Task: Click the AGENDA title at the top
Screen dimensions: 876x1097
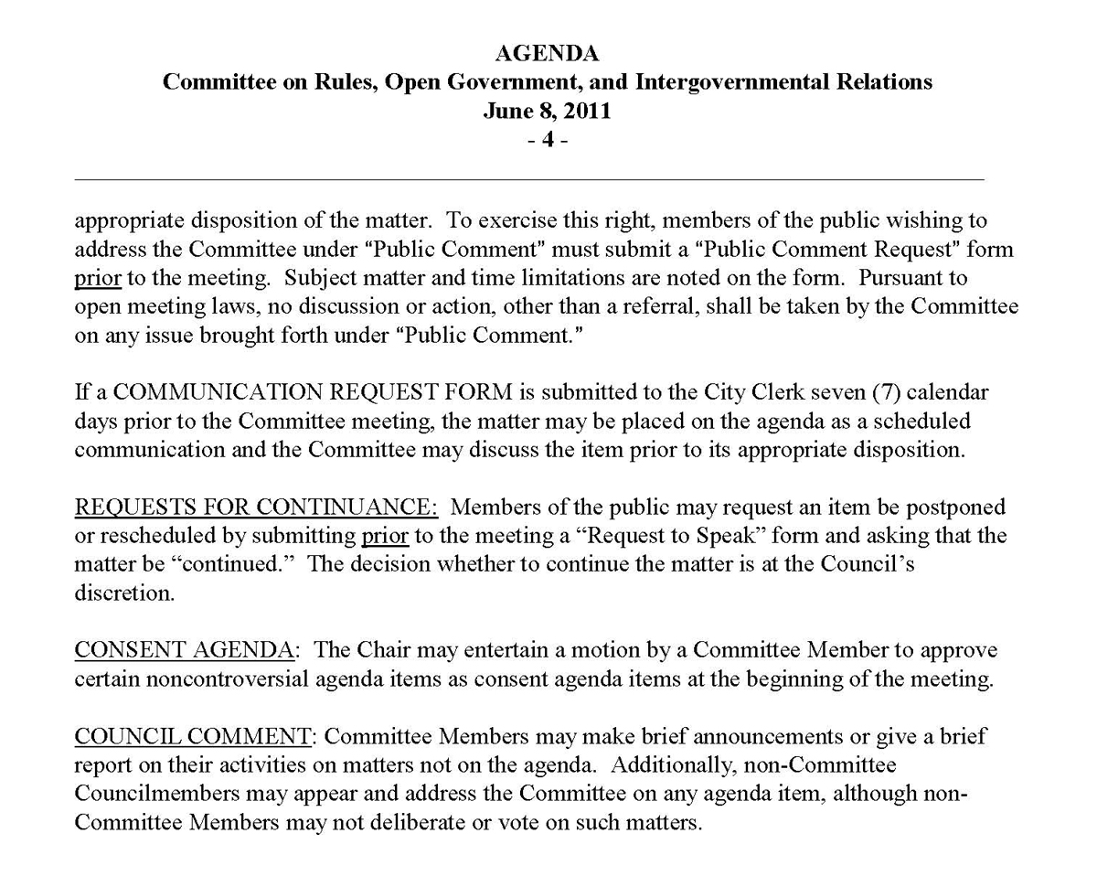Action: pyautogui.click(x=548, y=52)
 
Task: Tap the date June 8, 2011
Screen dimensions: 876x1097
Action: pyautogui.click(x=548, y=112)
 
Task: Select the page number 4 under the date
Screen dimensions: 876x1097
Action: pyautogui.click(x=548, y=141)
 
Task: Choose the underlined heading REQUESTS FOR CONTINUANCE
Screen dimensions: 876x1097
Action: pyautogui.click(x=256, y=507)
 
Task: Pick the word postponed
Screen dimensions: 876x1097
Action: pyautogui.click(x=950, y=507)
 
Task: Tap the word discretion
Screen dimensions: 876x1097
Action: pyautogui.click(x=123, y=593)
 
